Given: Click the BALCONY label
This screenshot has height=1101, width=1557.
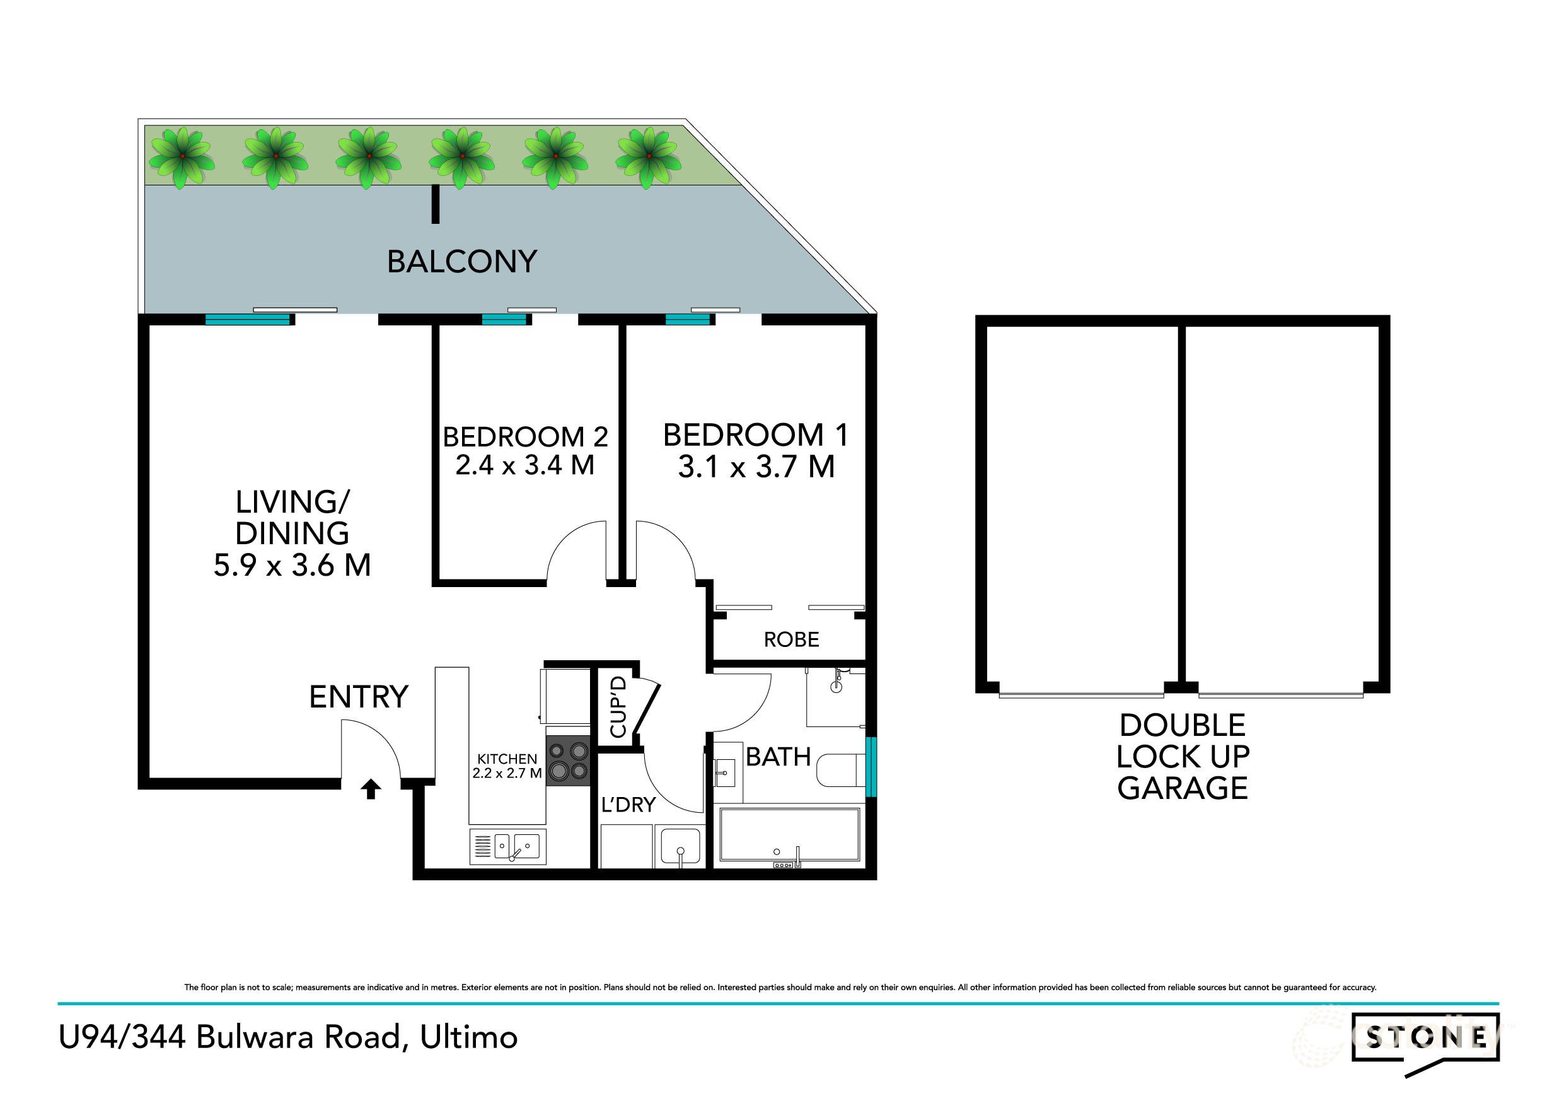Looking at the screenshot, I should [462, 262].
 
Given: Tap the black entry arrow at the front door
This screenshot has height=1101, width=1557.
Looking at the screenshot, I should [370, 789].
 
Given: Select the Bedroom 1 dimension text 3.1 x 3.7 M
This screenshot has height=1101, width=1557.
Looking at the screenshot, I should [755, 467].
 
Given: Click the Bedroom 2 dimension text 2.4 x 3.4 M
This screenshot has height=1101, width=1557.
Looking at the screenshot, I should [524, 465].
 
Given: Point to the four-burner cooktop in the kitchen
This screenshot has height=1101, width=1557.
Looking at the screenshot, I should [569, 760].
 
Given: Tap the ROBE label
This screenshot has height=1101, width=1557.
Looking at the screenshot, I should [790, 639].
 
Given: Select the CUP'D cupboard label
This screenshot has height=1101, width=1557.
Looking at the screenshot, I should [618, 707].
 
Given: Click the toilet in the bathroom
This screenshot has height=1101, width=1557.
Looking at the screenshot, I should [840, 772].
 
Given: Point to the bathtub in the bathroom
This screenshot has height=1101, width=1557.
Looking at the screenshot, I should [789, 836].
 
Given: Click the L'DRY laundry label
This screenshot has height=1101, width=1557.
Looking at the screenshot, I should [628, 805].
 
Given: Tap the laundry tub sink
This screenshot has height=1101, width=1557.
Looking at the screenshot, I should [680, 847].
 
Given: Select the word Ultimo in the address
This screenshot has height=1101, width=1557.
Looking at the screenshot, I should [468, 1037].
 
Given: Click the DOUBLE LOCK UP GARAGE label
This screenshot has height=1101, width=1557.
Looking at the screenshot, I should [1182, 757].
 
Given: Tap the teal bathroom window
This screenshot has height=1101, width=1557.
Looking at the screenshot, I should [871, 767].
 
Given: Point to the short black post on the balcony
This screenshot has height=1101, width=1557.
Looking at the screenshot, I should [436, 205].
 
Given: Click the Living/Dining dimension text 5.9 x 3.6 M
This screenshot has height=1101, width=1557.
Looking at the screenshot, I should [292, 565].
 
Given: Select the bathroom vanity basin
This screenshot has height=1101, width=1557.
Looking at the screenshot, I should [724, 772].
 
